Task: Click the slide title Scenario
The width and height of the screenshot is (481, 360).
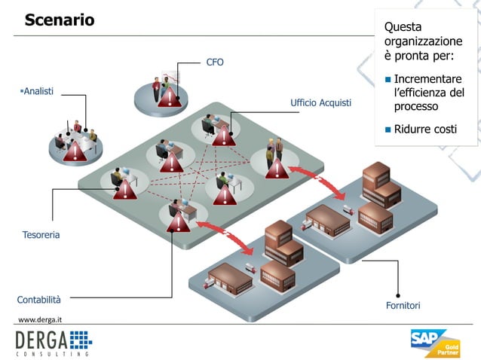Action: [x=60, y=20]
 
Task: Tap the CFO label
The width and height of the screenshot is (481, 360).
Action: [x=215, y=62]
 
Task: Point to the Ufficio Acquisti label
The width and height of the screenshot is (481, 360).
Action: [x=320, y=102]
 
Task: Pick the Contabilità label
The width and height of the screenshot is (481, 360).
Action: [x=39, y=299]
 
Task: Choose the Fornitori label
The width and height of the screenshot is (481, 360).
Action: [x=403, y=305]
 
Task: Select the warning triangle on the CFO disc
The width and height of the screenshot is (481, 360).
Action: [x=169, y=96]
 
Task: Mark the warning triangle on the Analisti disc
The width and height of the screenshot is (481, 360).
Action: [x=75, y=151]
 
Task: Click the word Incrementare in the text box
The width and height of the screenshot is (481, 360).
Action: [x=427, y=79]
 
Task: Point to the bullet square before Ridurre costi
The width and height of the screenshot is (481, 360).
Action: [x=388, y=130]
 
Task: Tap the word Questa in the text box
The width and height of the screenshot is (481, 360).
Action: [x=403, y=27]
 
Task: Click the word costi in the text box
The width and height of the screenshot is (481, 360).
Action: [x=445, y=130]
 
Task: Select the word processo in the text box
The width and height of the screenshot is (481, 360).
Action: [x=416, y=106]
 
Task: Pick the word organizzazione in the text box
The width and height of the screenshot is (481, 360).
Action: [x=423, y=41]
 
